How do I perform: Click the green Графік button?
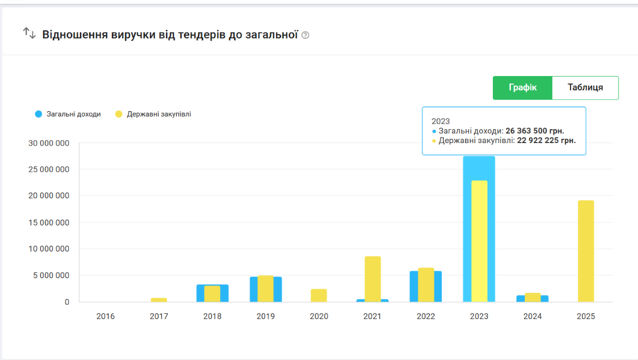pyautogui.click(x=523, y=88)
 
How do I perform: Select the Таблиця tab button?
pyautogui.click(x=585, y=88)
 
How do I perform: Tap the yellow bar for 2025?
pyautogui.click(x=586, y=251)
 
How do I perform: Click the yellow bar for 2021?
pyautogui.click(x=373, y=279)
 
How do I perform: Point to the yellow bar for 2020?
pyautogui.click(x=319, y=296)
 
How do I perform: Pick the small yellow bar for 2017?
pyautogui.click(x=159, y=300)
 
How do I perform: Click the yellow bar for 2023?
pyautogui.click(x=479, y=241)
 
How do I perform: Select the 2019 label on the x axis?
pyautogui.click(x=266, y=316)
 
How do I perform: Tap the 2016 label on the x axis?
pyautogui.click(x=105, y=316)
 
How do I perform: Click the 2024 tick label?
pyautogui.click(x=532, y=316)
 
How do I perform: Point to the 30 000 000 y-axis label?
pyautogui.click(x=48, y=144)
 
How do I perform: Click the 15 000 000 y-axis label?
pyautogui.click(x=48, y=223)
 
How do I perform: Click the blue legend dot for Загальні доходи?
pyautogui.click(x=38, y=114)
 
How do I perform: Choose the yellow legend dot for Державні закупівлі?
pyautogui.click(x=119, y=114)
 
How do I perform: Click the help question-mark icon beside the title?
pyautogui.click(x=305, y=36)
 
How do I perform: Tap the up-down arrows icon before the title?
pyautogui.click(x=29, y=34)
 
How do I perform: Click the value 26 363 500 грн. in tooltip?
pyautogui.click(x=535, y=131)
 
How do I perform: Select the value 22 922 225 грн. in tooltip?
pyautogui.click(x=547, y=140)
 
